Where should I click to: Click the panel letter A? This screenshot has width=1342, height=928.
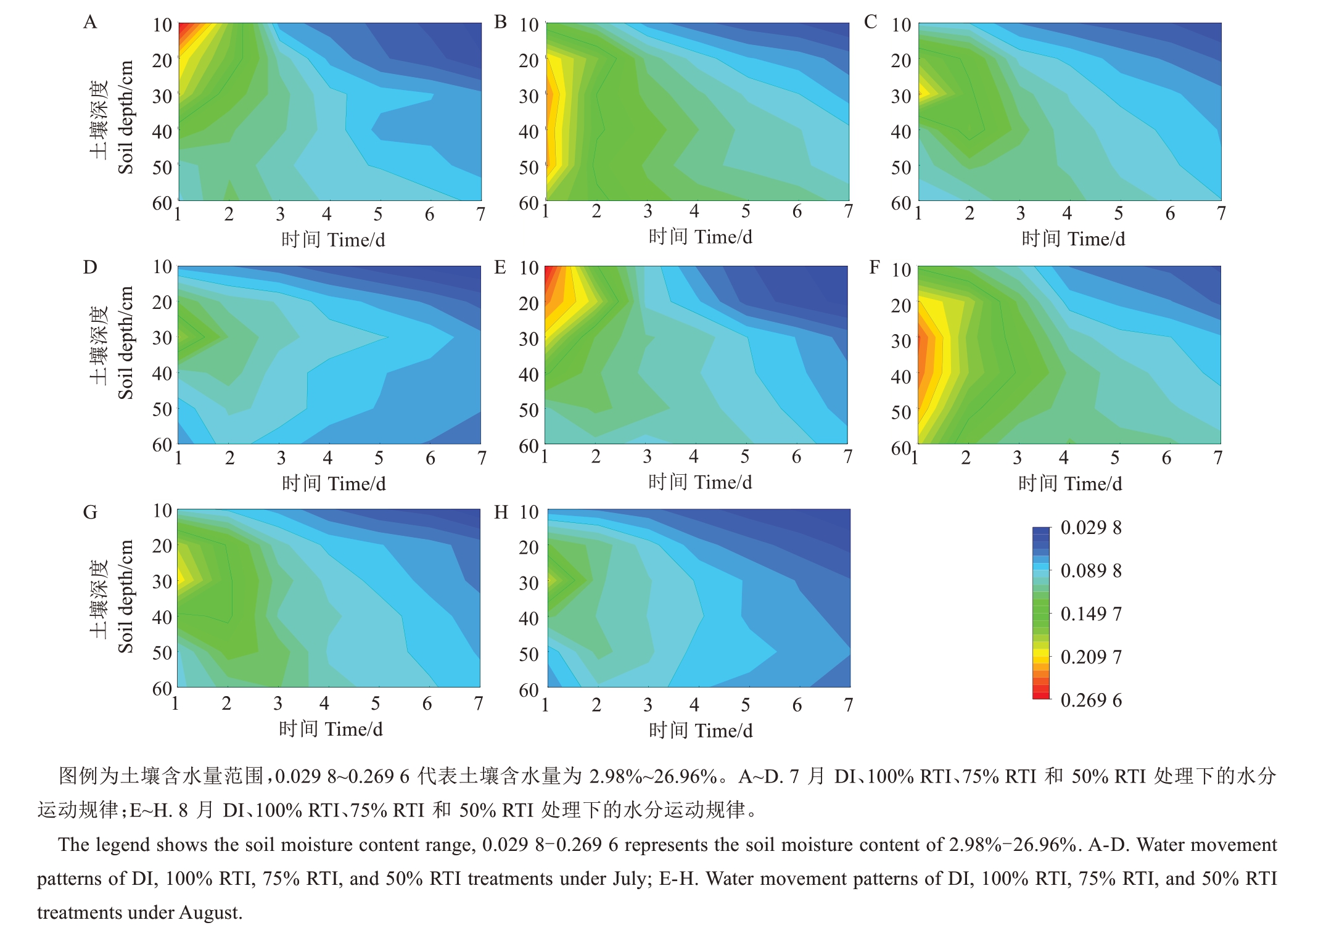90,23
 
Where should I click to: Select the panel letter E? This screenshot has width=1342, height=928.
500,268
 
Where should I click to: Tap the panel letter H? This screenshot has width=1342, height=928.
501,512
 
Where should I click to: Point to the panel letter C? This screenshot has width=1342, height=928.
870,22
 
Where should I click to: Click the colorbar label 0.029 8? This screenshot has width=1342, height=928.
1090,528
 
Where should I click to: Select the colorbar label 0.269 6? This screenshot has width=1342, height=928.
1090,700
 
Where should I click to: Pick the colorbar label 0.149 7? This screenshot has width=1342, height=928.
1090,614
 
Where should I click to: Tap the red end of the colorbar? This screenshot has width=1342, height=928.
1041,695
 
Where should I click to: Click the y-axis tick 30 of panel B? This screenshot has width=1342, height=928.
529,96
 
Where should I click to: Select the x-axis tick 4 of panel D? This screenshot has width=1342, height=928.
327,458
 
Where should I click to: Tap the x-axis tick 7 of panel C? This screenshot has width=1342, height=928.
1221,213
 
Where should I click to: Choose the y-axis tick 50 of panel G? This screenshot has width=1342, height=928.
162,652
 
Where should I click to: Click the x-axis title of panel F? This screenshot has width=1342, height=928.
1070,483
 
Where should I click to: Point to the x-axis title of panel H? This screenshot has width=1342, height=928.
701,731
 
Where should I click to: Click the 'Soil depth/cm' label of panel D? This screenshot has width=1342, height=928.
126,343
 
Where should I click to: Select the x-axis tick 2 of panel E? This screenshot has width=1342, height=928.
596,457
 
